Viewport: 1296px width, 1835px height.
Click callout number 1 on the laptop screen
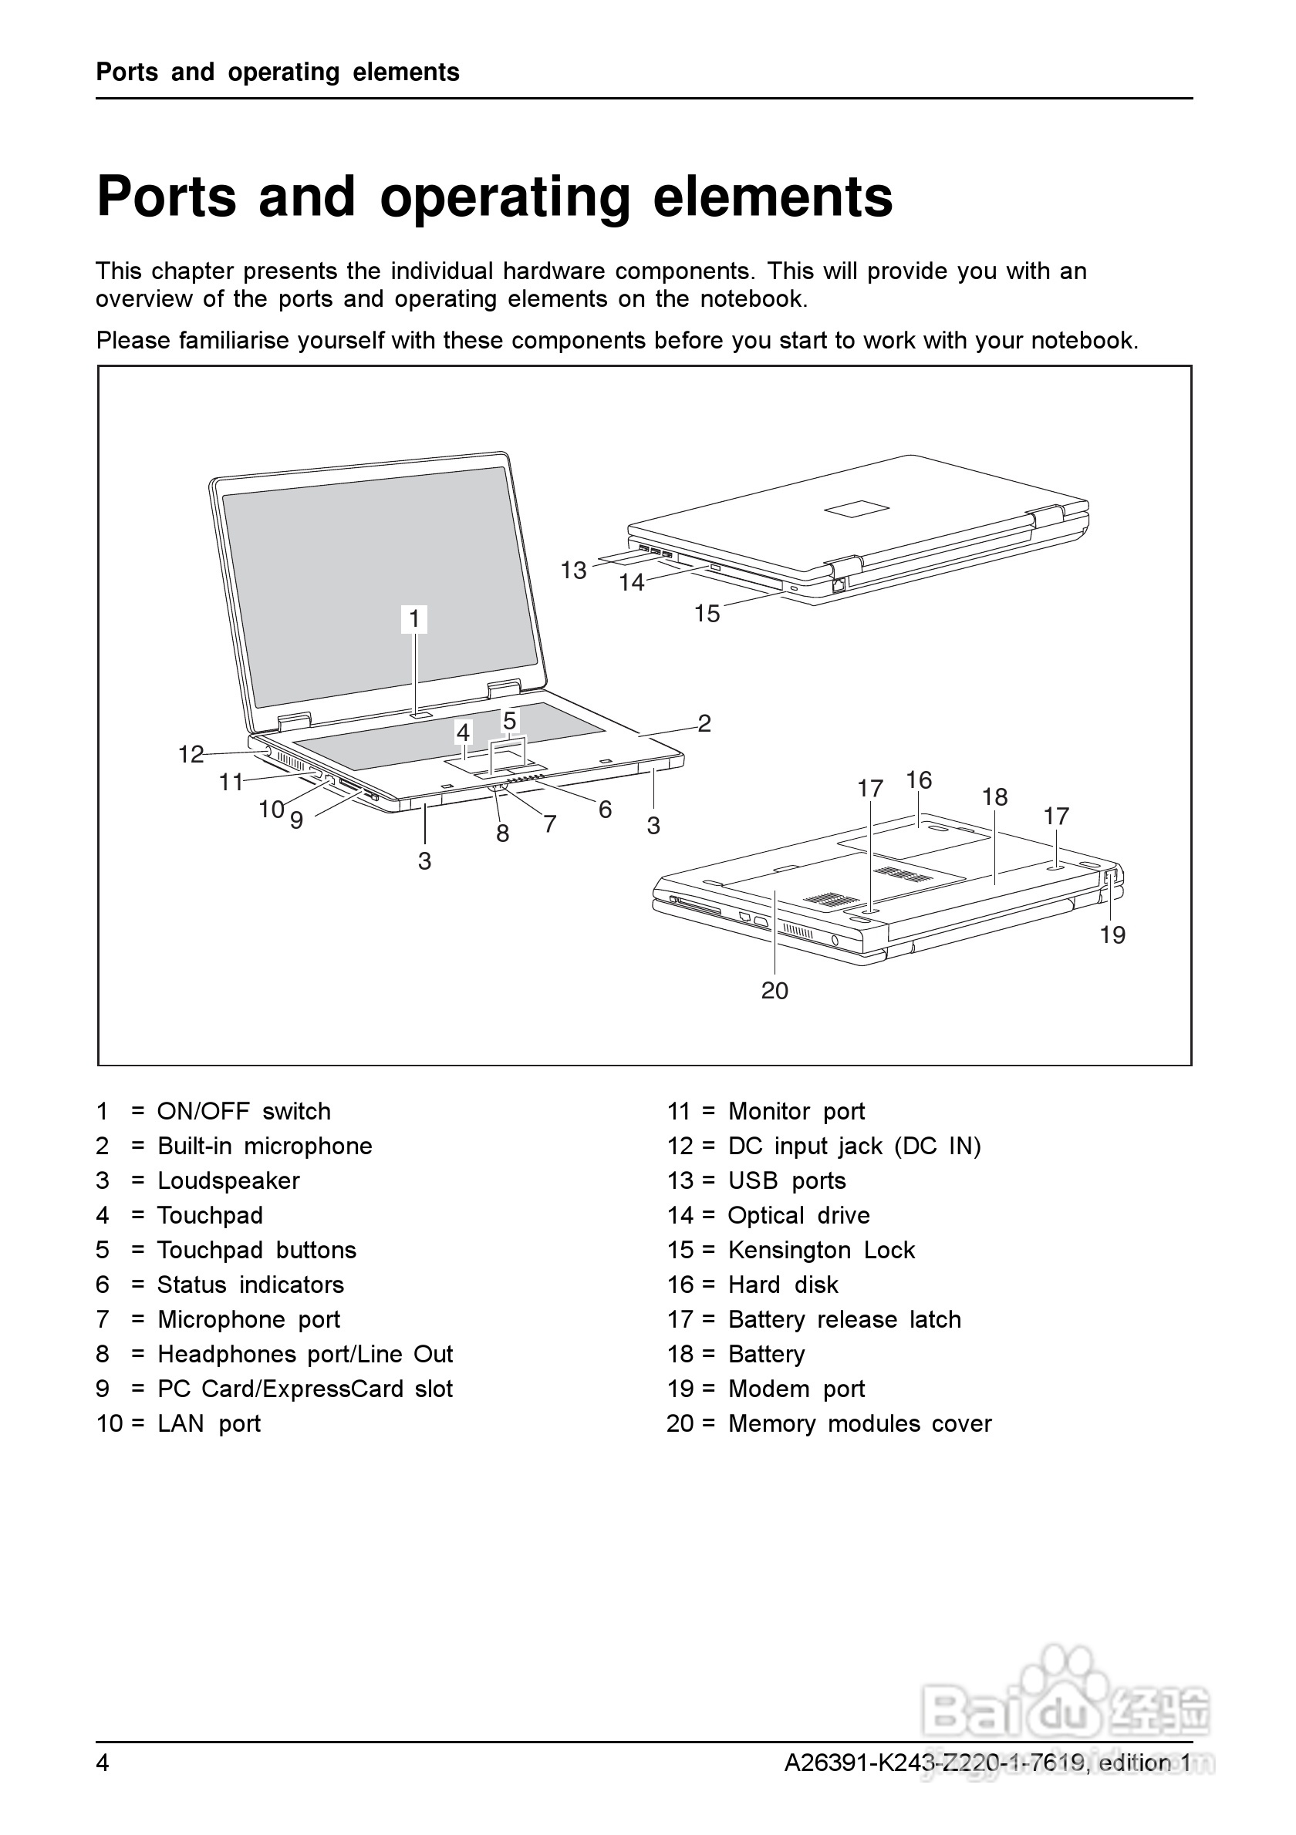(414, 618)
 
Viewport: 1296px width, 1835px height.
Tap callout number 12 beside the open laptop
(191, 754)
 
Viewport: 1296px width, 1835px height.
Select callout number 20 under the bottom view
(775, 990)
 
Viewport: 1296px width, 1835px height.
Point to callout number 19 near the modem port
(1112, 934)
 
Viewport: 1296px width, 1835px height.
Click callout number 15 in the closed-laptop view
(707, 613)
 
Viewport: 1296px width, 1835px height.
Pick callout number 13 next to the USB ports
(573, 570)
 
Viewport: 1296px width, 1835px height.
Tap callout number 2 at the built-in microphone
(704, 722)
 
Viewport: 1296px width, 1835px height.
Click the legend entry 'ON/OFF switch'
(244, 1111)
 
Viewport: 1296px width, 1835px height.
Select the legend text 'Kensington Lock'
(821, 1249)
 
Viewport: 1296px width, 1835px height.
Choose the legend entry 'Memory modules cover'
(859, 1423)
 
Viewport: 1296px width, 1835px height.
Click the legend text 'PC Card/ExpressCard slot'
(305, 1389)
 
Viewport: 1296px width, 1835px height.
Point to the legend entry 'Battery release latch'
(844, 1318)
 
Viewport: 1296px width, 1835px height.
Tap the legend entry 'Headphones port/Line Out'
(305, 1353)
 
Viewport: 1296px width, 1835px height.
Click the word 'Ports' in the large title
(167, 197)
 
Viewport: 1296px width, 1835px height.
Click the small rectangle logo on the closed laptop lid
(858, 508)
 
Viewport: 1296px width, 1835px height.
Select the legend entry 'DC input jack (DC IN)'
(854, 1145)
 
